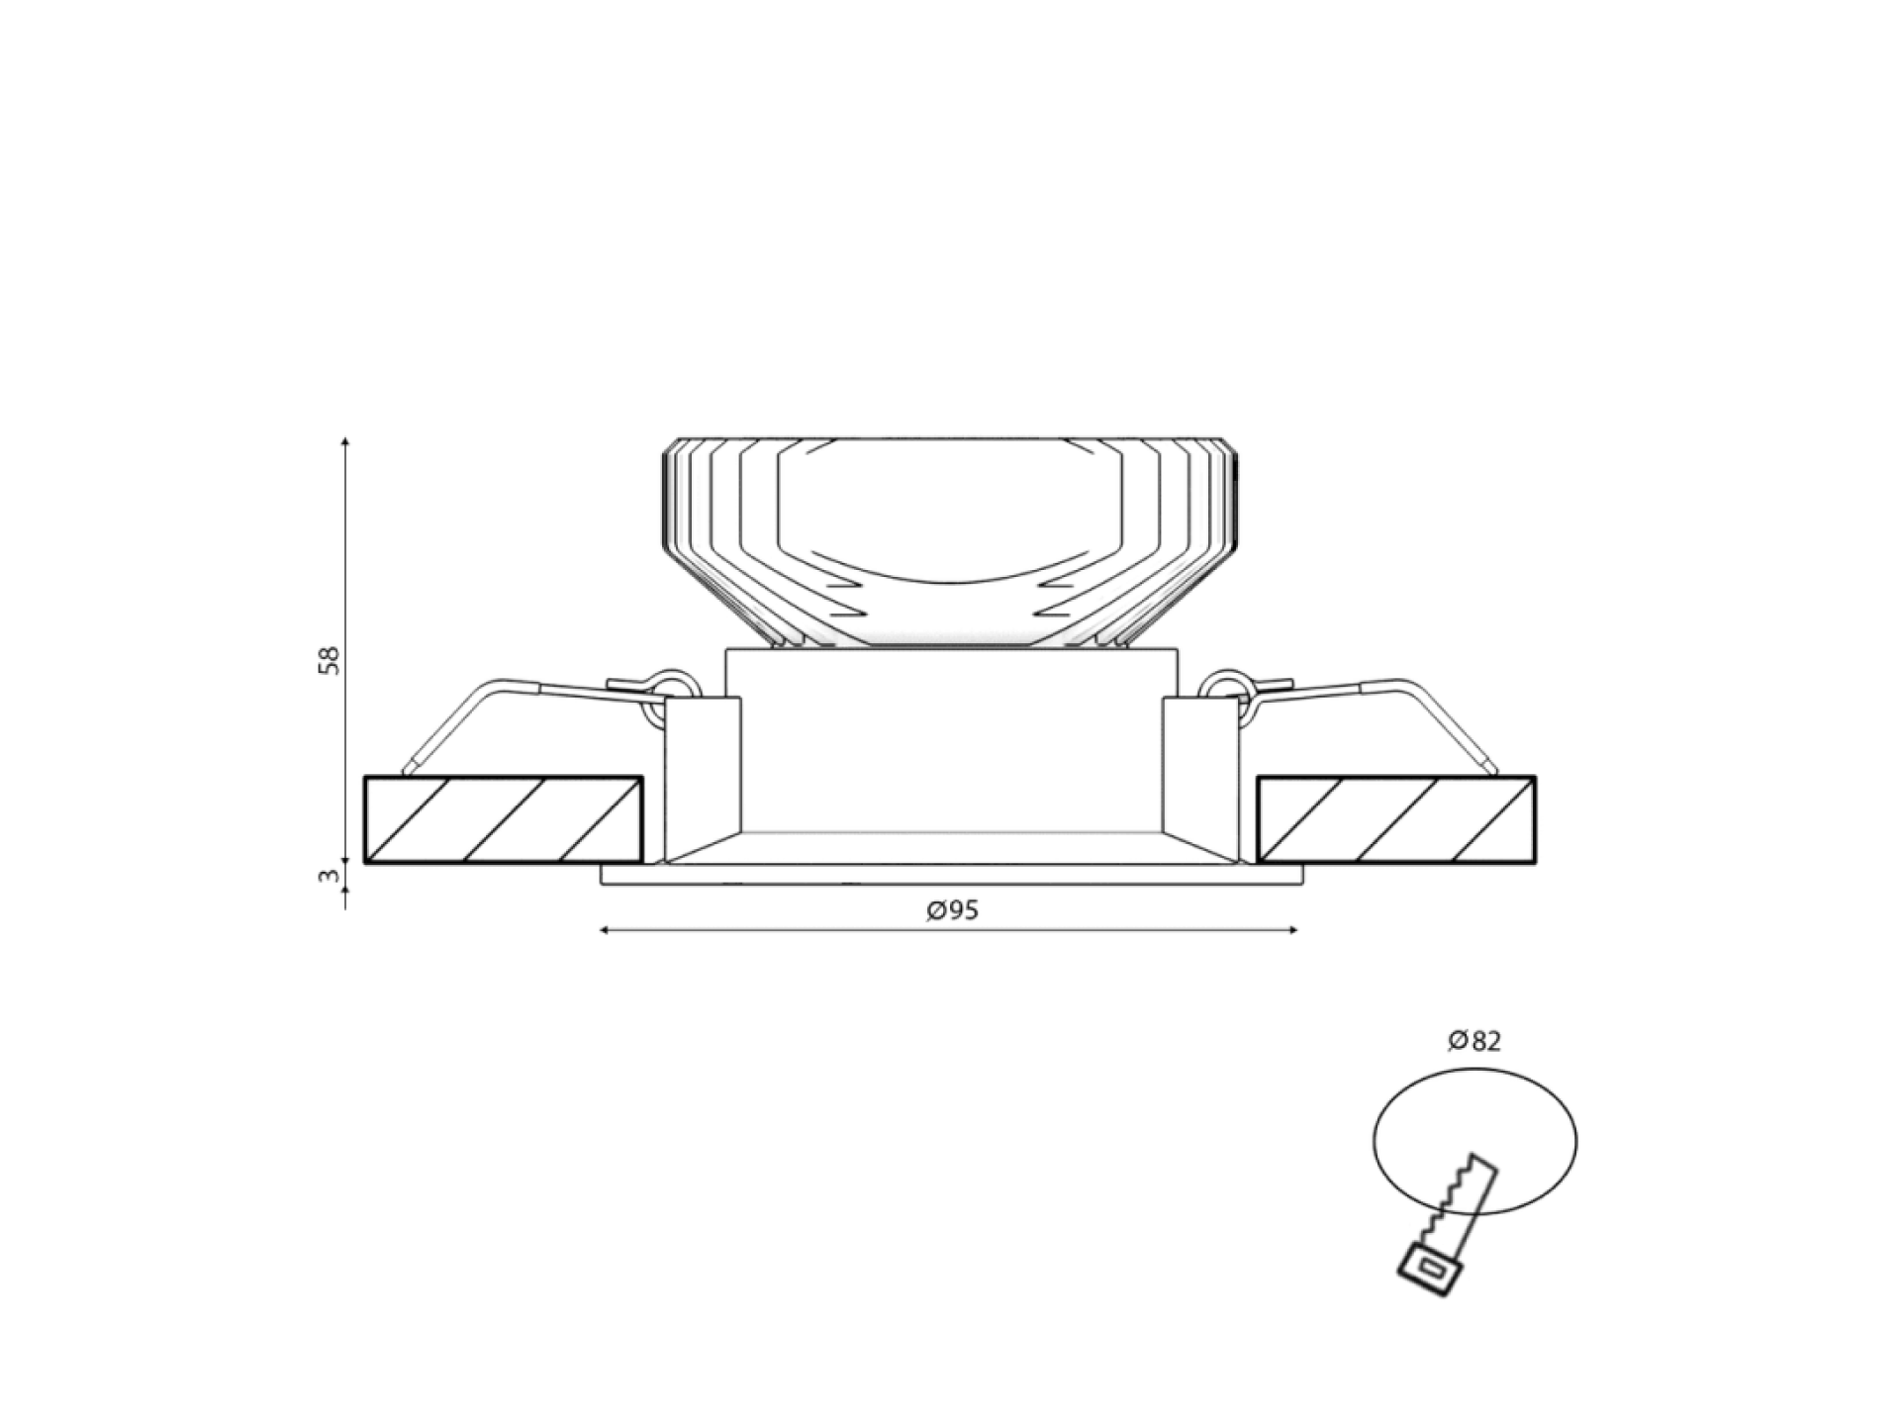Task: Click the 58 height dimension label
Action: coord(329,660)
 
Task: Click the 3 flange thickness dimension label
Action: coord(330,876)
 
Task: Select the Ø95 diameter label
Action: coord(953,910)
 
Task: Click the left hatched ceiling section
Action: coord(504,819)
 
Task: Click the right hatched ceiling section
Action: coord(1396,819)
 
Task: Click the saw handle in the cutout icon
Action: coord(1428,1270)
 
